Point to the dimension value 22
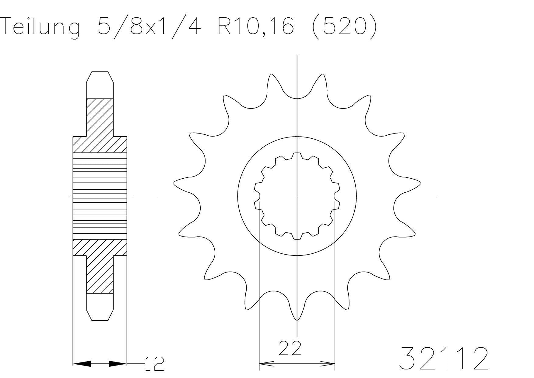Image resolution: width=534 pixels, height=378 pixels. tap(290, 348)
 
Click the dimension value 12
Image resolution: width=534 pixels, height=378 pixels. tap(154, 364)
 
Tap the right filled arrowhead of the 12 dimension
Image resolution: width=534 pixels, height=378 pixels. tap(118, 363)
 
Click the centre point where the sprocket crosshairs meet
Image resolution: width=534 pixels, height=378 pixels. tap(297, 196)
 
